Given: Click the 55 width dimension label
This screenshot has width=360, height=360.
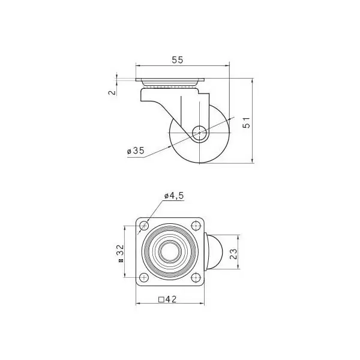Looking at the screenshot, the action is pos(178,60).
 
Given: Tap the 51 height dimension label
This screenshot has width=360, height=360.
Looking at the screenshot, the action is pos(247,122).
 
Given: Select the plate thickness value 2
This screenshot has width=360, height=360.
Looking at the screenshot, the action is pos(112,92).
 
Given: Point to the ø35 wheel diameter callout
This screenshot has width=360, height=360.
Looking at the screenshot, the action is pos(136,151).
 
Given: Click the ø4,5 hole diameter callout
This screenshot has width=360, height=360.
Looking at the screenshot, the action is pos(174,196).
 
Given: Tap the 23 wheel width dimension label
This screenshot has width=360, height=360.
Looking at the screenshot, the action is pos(233,254).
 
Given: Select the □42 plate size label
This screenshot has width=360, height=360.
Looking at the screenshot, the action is pos(167,299).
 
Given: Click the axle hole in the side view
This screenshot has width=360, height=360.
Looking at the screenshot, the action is pos(199,133).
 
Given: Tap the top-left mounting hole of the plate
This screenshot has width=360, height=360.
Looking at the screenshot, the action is pos(144,226).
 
